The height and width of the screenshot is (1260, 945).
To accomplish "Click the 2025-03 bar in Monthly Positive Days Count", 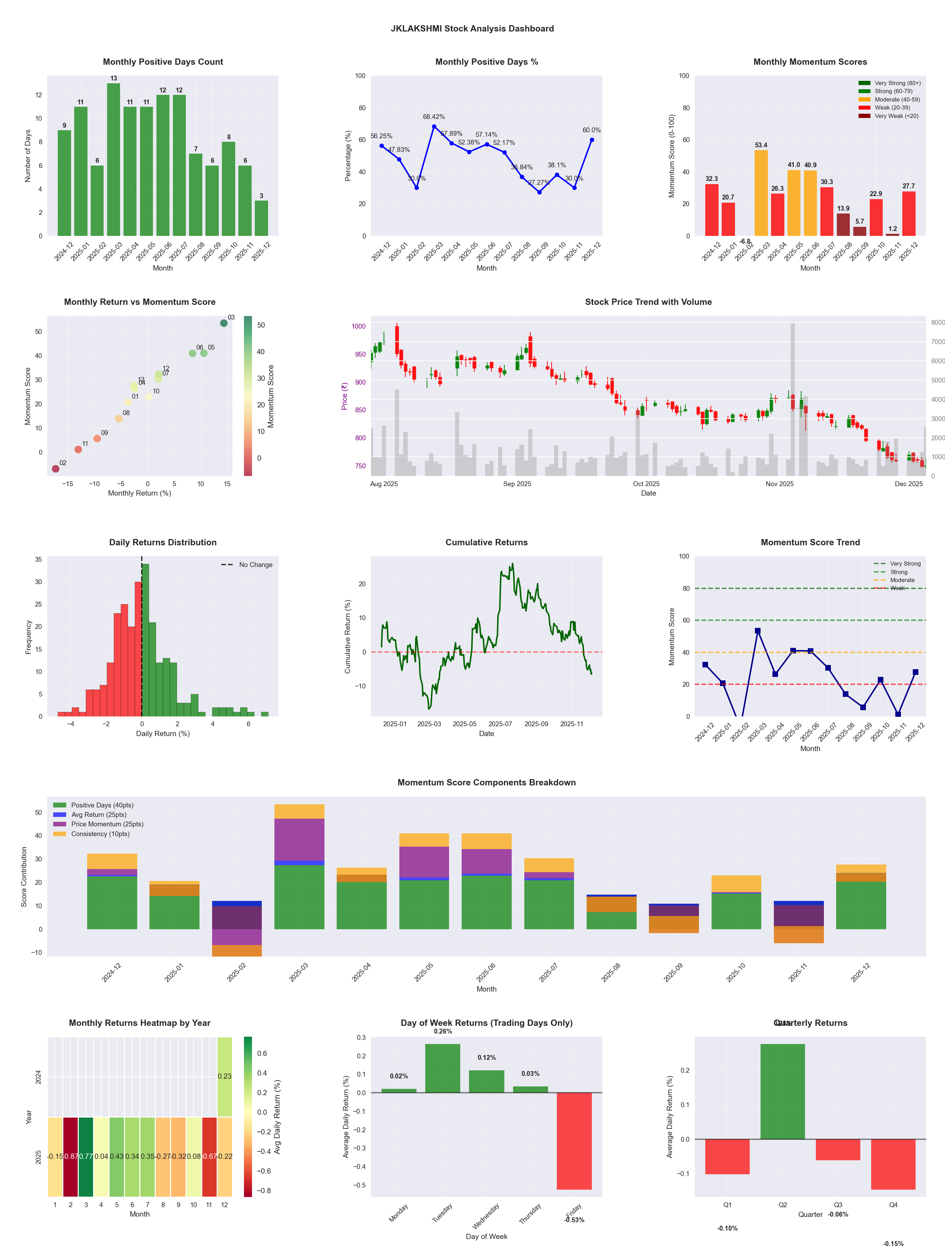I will pos(113,160).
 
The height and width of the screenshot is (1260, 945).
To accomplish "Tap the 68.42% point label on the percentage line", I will pos(434,117).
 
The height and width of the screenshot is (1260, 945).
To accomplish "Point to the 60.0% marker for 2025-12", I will pos(592,140).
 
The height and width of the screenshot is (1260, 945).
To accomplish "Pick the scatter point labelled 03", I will pos(224,323).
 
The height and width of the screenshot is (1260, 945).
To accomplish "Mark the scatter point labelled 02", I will pos(55,469).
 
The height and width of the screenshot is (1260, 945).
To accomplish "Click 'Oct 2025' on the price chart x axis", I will pos(646,484).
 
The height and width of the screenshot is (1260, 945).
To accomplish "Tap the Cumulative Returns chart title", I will pos(486,542).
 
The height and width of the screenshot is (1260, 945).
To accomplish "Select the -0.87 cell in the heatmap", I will pos(71,1156).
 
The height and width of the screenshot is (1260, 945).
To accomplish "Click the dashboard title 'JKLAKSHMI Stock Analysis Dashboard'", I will pos(472,28).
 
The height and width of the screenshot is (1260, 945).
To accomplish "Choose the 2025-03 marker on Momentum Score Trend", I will pos(758,631).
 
